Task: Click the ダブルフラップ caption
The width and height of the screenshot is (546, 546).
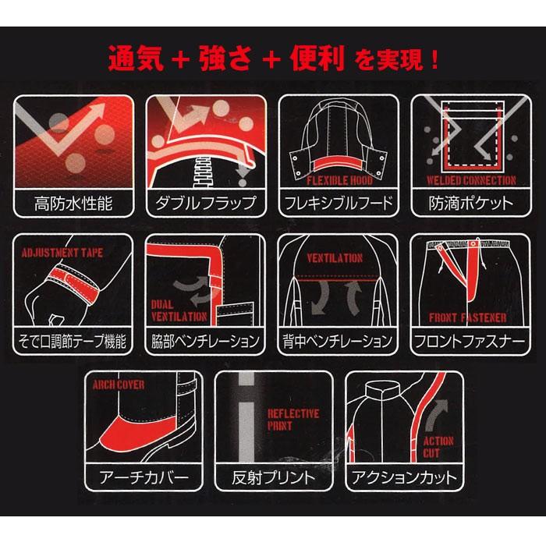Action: click(207, 204)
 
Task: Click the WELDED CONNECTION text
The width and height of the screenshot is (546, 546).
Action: click(471, 180)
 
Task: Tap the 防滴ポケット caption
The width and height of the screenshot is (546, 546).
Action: click(471, 204)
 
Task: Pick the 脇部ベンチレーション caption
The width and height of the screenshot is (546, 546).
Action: click(206, 341)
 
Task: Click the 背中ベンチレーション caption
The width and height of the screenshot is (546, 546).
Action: click(338, 341)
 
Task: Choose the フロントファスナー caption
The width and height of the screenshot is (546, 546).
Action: click(470, 341)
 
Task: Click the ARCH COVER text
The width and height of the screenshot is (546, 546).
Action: click(119, 385)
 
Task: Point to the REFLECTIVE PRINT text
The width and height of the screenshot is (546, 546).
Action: click(292, 420)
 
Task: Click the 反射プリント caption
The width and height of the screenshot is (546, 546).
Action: click(273, 477)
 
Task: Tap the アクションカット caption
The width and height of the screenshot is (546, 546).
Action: click(405, 477)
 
